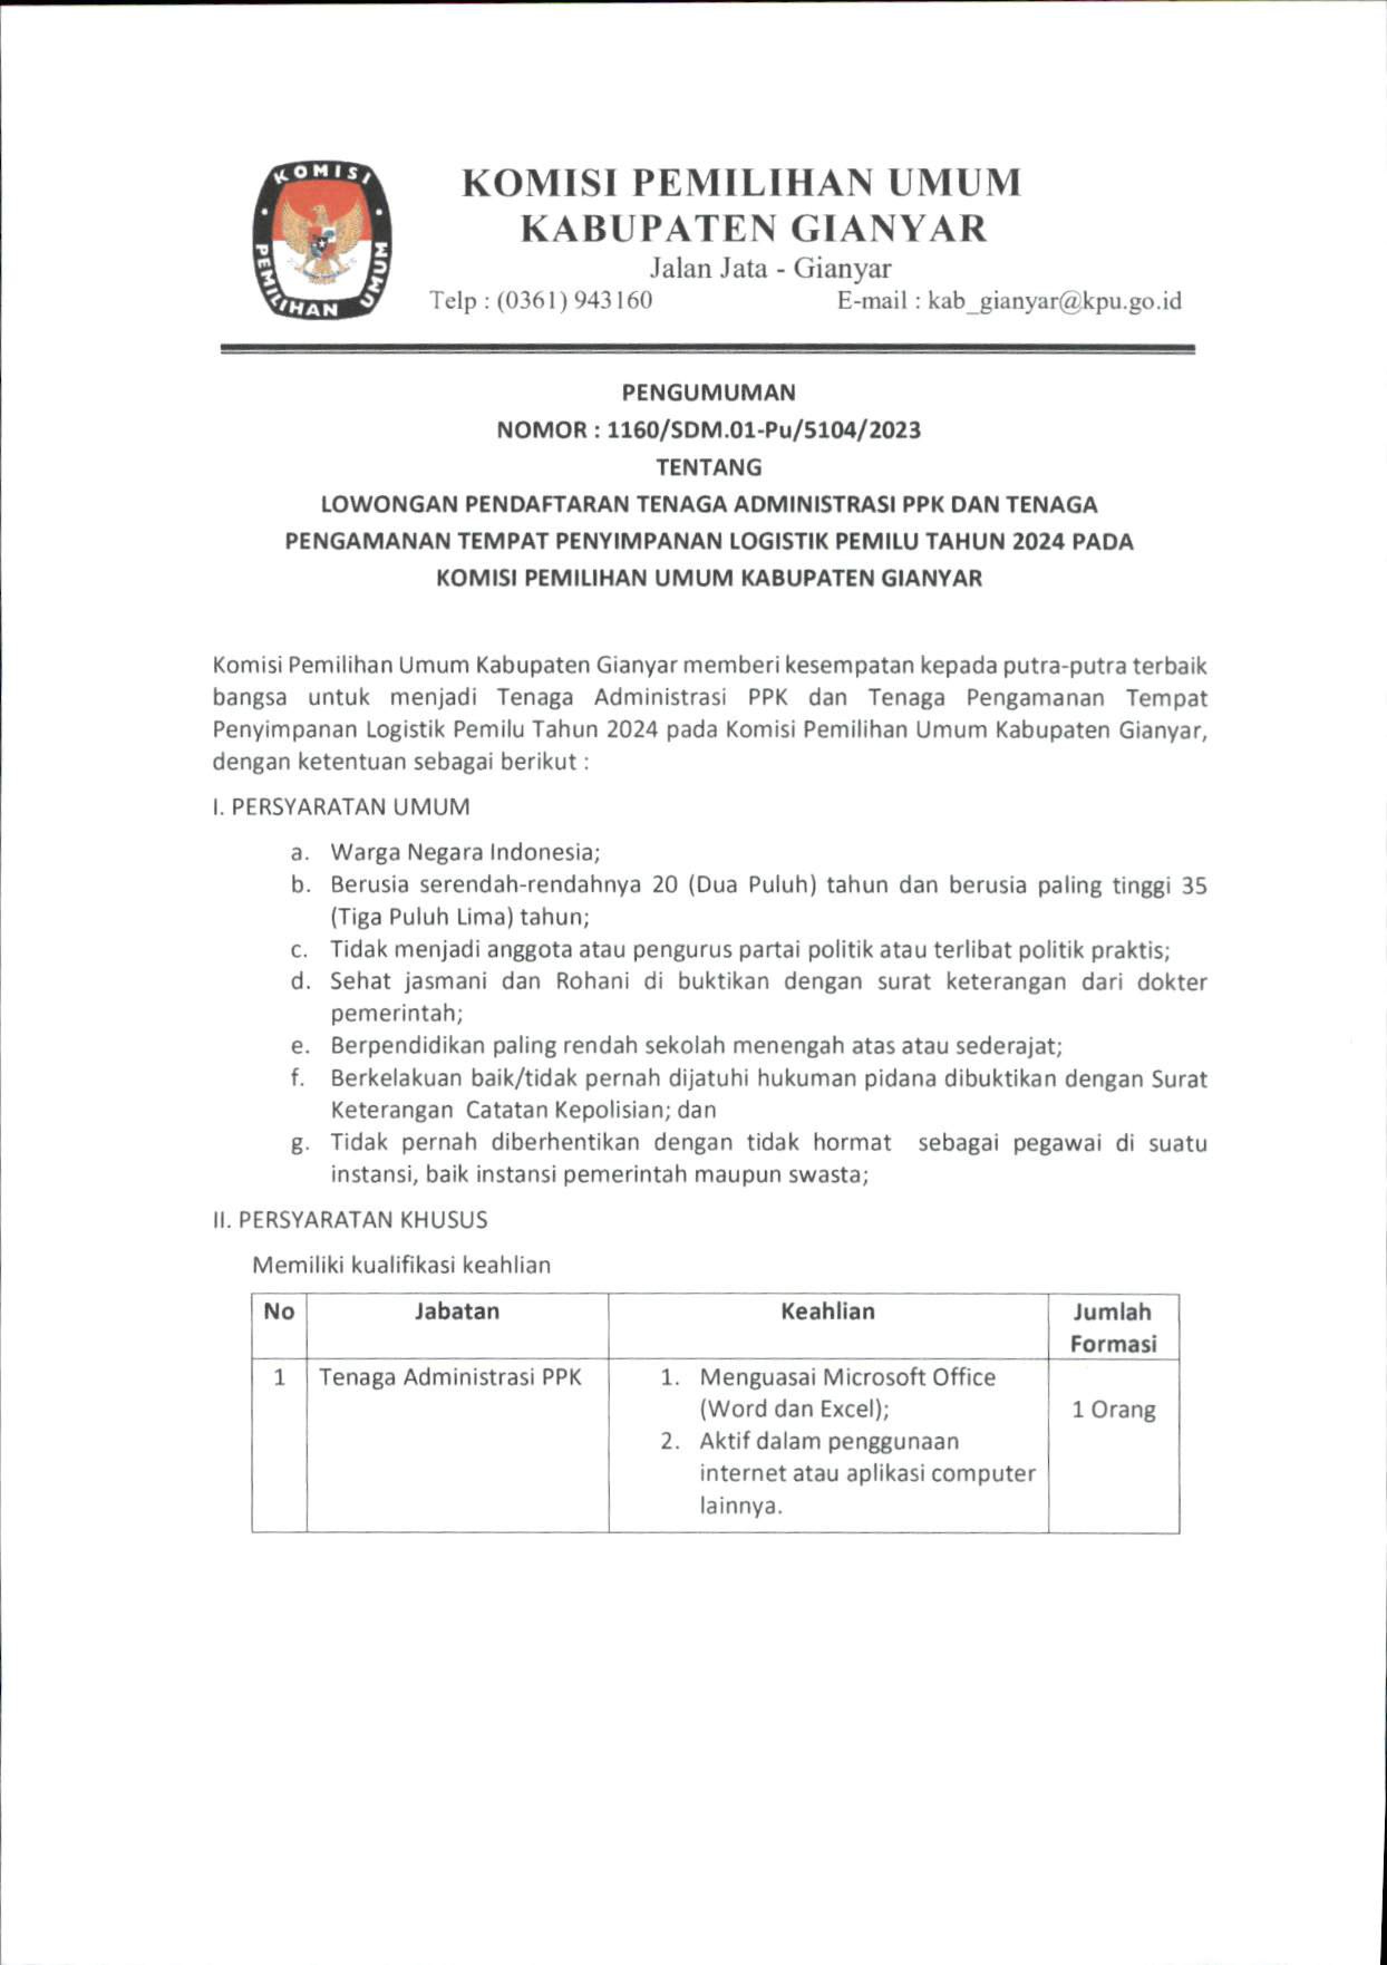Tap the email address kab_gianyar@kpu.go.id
tap(1048, 301)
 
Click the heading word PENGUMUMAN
tap(709, 393)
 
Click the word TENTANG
tap(709, 467)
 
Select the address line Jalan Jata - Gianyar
tap(770, 269)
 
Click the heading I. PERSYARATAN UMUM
tap(341, 807)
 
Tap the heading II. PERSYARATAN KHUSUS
tap(350, 1219)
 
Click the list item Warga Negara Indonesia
tap(465, 853)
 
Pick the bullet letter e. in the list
tap(299, 1046)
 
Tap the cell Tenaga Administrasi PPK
tap(450, 1377)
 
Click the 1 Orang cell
tap(1113, 1410)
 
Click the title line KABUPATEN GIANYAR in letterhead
tap(755, 229)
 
